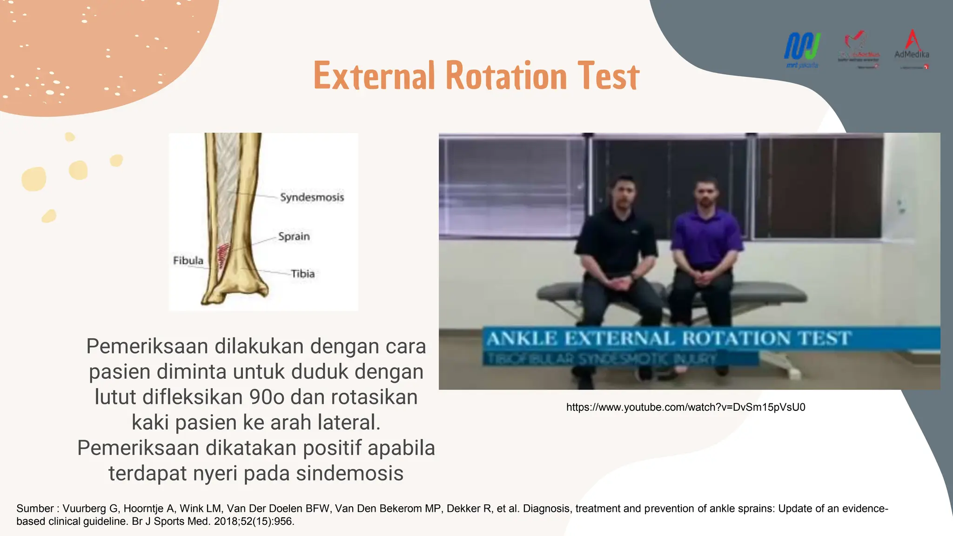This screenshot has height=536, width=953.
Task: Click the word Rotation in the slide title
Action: [x=506, y=76]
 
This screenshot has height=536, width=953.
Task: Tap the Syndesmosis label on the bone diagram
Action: [x=312, y=197]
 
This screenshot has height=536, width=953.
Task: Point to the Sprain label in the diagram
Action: [x=294, y=236]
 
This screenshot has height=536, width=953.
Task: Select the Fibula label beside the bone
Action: [x=188, y=261]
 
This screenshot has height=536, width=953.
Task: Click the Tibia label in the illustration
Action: [x=302, y=274]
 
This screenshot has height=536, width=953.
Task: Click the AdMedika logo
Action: [x=912, y=48]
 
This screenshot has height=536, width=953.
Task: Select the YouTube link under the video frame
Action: [x=685, y=407]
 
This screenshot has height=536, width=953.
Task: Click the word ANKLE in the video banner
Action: [x=522, y=338]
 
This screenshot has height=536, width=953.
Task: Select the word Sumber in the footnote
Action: [x=35, y=509]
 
